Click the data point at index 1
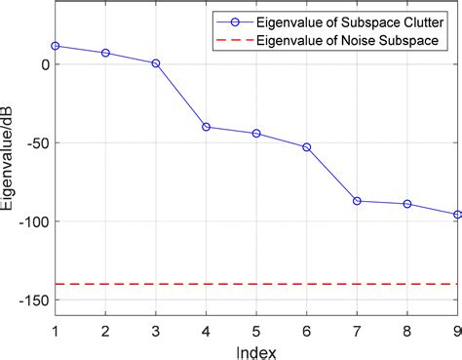pyautogui.click(x=56, y=46)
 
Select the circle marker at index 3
pyautogui.click(x=156, y=63)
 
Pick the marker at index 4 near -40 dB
pyautogui.click(x=206, y=127)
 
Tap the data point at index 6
pyautogui.click(x=306, y=147)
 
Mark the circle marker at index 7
pyautogui.click(x=357, y=201)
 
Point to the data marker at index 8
pyautogui.click(x=407, y=204)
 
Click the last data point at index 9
pyautogui.click(x=457, y=215)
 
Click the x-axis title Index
pyautogui.click(x=256, y=349)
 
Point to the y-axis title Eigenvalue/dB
pyautogui.click(x=9, y=166)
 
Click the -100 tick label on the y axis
pyautogui.click(x=32, y=221)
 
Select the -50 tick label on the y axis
pyautogui.click(x=36, y=142)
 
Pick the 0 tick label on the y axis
pyautogui.click(x=44, y=64)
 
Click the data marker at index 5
pyautogui.click(x=256, y=134)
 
